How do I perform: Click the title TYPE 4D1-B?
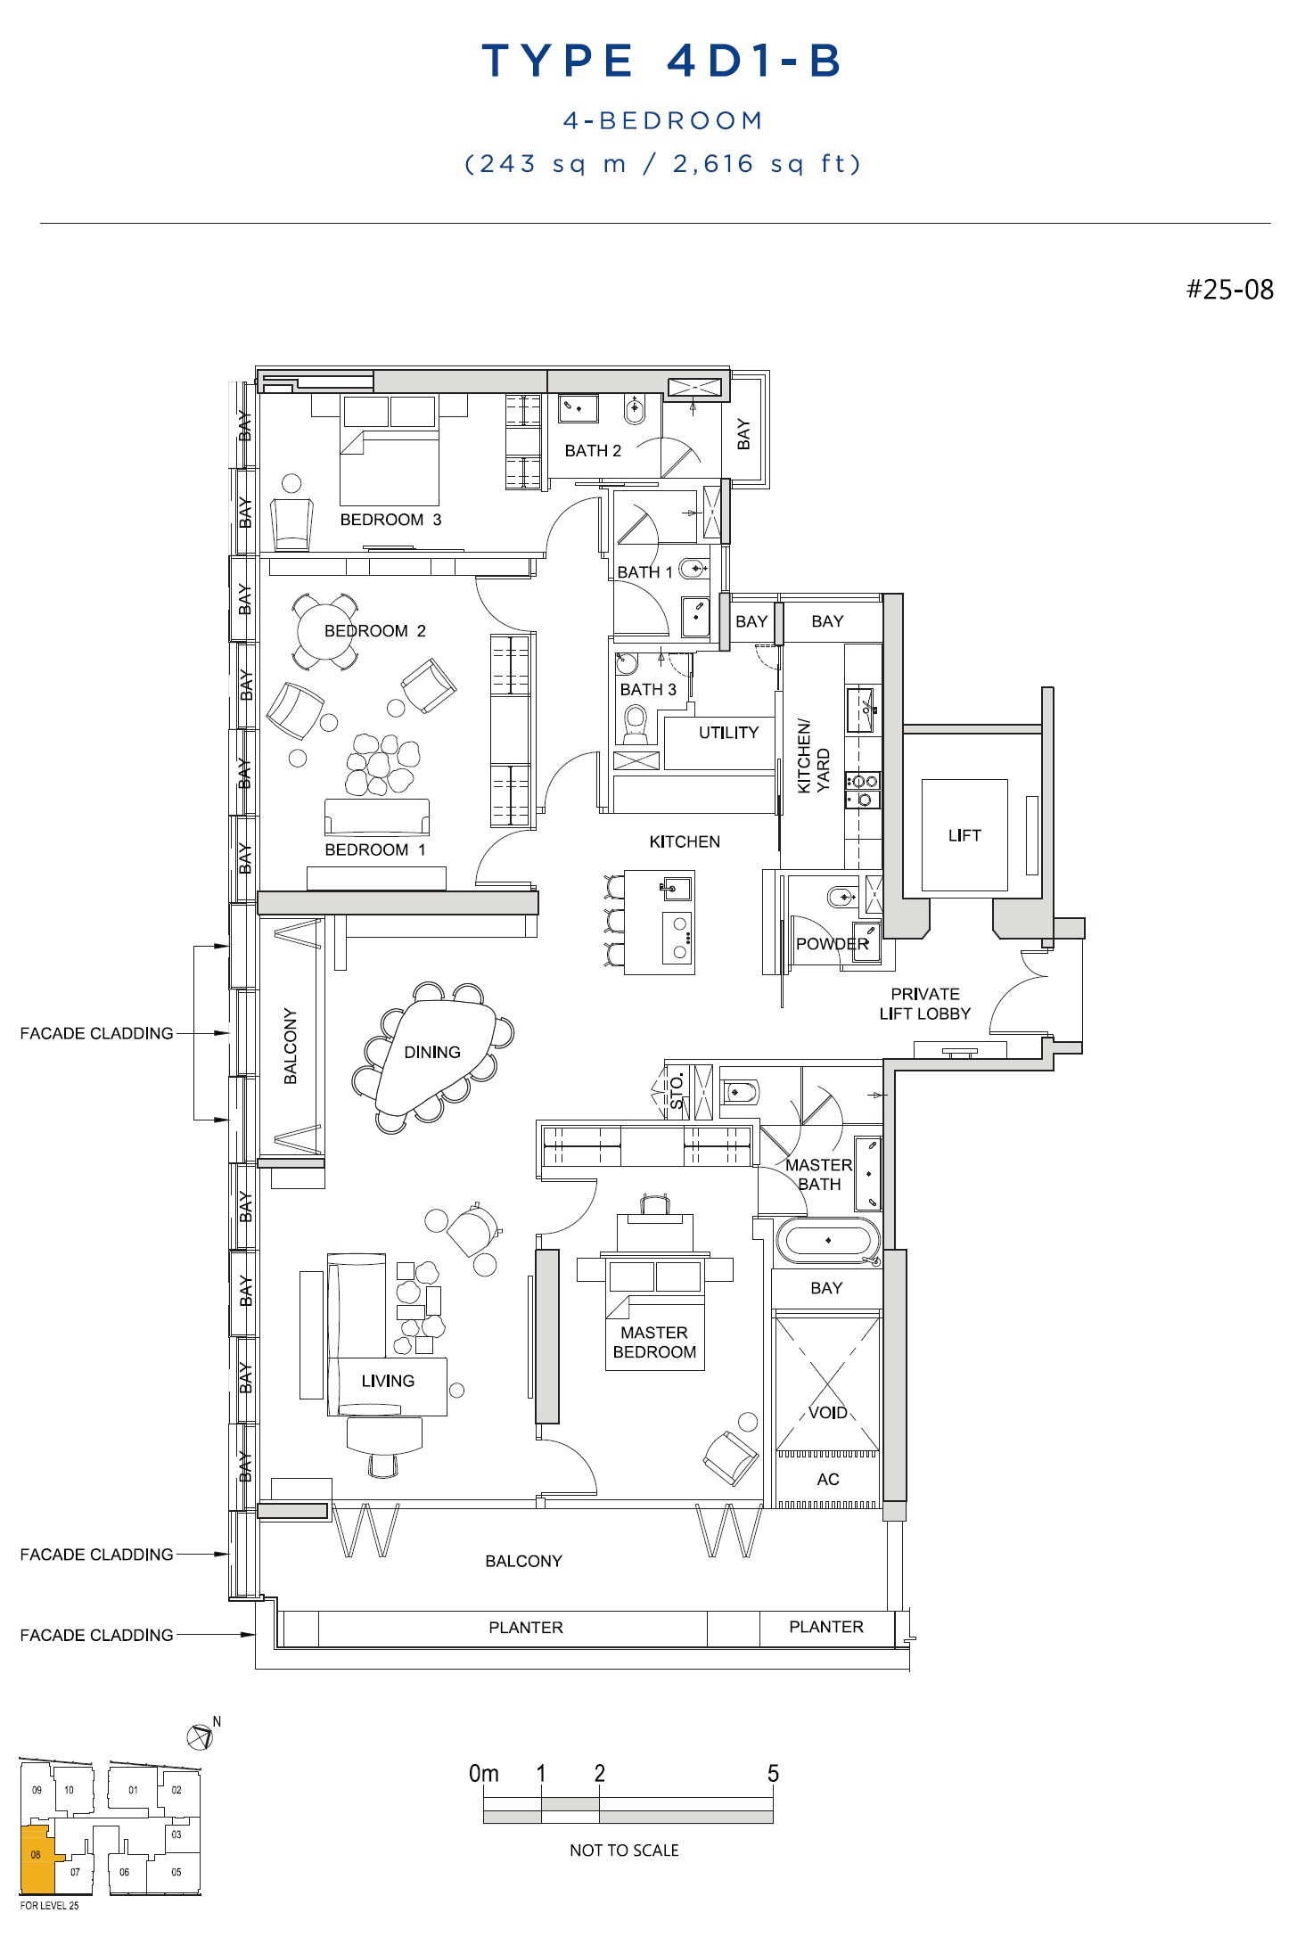click(662, 61)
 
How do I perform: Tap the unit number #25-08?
click(1229, 290)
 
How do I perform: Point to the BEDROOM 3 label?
click(390, 520)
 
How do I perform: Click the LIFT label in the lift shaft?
click(964, 835)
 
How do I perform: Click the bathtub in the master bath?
click(827, 1241)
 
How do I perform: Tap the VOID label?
click(827, 1412)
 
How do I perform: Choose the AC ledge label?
click(828, 1479)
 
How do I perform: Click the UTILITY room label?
click(728, 733)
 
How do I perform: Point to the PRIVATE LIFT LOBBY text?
click(925, 1004)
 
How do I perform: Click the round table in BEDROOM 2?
click(326, 631)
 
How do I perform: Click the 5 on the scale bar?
click(773, 1773)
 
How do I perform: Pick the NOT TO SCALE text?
click(624, 1851)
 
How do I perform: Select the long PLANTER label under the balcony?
click(526, 1628)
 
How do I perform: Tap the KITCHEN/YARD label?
click(813, 757)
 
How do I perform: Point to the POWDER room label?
click(832, 944)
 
